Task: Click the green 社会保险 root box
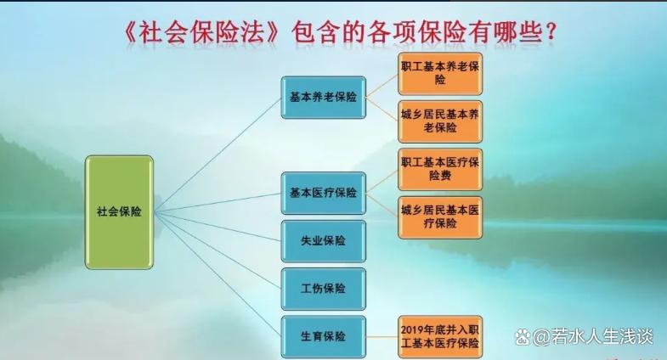click(x=119, y=212)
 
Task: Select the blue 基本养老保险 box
click(x=323, y=97)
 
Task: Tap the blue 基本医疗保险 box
click(x=323, y=193)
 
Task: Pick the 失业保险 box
click(x=323, y=241)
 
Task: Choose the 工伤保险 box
click(x=323, y=289)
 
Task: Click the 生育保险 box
click(x=323, y=336)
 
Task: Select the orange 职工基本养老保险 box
click(x=440, y=73)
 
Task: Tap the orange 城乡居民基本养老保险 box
click(x=440, y=121)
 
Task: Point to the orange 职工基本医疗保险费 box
click(x=440, y=169)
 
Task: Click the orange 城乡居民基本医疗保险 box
click(x=440, y=217)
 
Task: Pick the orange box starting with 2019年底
click(x=440, y=336)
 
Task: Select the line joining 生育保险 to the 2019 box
click(x=382, y=336)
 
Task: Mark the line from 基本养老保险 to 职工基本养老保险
click(x=382, y=85)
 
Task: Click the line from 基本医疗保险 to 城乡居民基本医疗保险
click(x=382, y=205)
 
